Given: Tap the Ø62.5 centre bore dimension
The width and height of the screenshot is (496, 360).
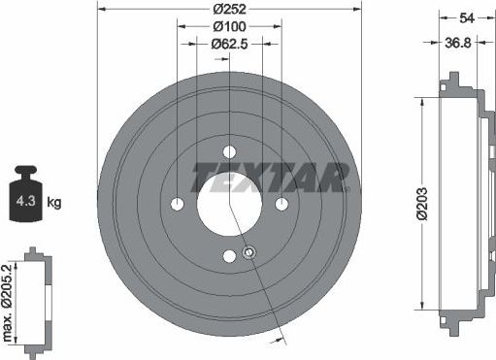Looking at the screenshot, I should point(229,44).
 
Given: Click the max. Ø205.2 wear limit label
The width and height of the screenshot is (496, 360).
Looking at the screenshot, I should point(9,300).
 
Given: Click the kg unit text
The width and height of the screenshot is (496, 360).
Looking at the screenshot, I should point(54,203).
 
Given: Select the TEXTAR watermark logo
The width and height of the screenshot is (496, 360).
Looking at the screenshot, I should point(270,178).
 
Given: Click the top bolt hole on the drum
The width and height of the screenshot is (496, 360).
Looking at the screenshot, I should point(230,152).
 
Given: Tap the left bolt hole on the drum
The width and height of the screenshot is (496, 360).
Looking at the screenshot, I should point(178,204).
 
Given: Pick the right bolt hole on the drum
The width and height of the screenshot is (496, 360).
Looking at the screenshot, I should point(281,204).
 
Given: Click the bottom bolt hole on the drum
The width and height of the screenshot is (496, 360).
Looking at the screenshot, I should point(230,256).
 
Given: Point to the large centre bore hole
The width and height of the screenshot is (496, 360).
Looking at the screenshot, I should point(230,204).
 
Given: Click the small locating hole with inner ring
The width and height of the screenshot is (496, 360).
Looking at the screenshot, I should point(248,253).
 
